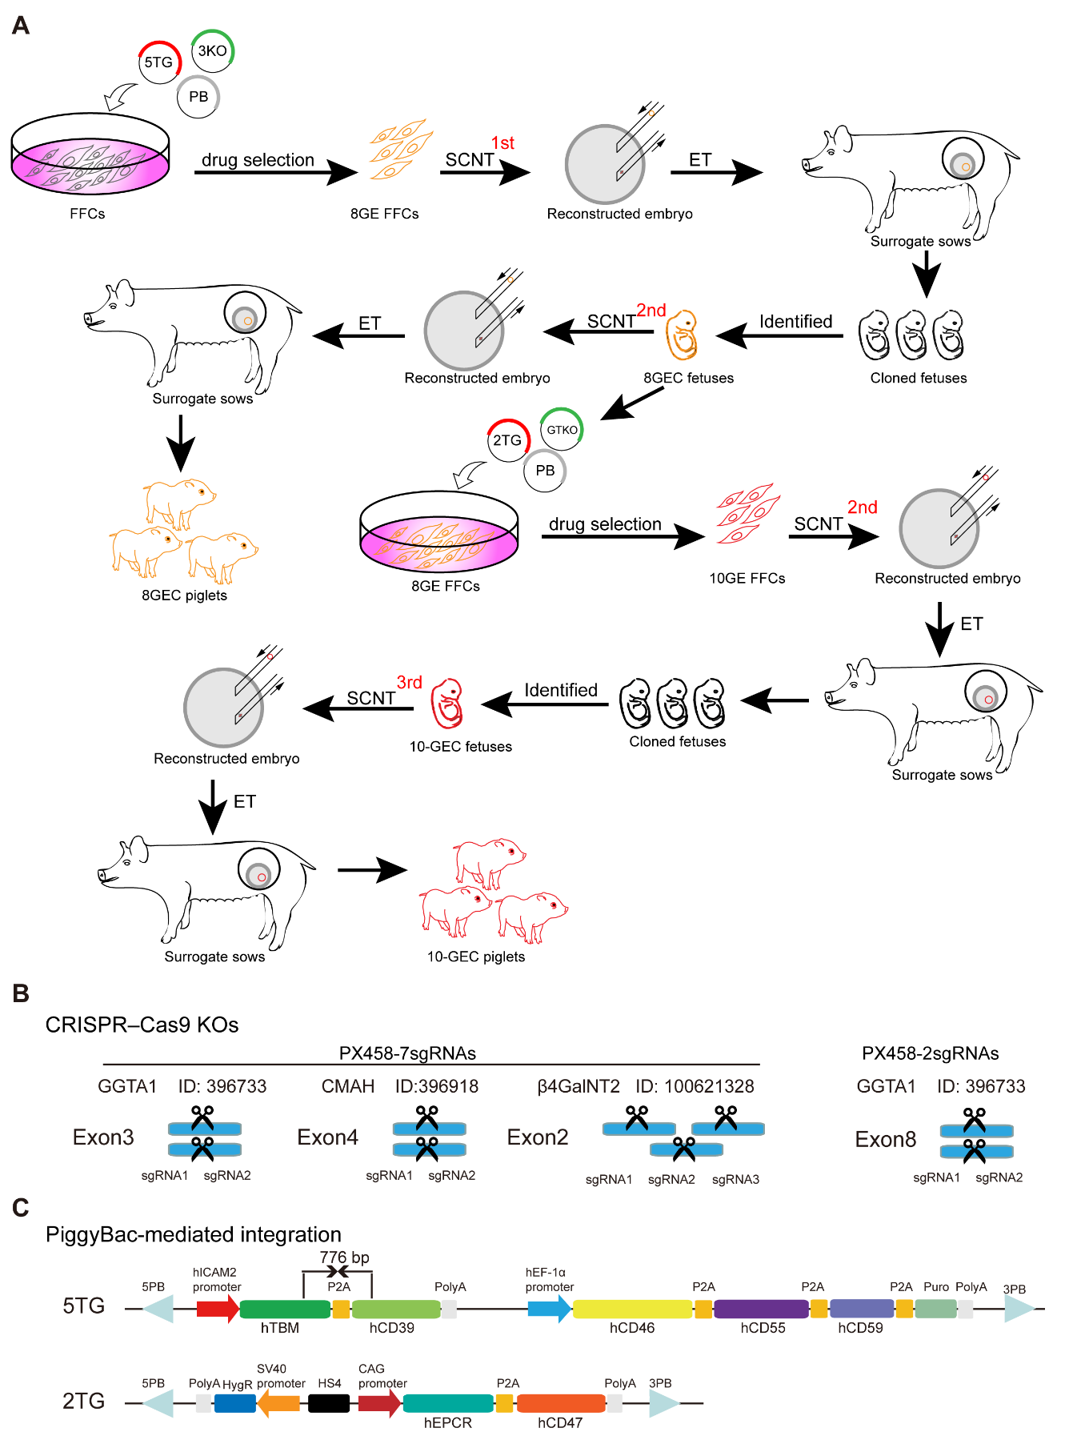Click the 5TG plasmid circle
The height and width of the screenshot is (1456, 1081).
[158, 62]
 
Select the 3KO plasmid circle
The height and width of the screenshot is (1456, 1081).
[212, 51]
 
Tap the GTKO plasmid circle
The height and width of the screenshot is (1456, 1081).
[562, 430]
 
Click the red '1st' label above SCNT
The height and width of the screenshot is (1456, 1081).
[502, 143]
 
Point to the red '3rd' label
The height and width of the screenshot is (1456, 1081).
[409, 682]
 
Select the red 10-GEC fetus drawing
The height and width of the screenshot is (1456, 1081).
[447, 703]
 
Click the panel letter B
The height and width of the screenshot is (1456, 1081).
[21, 993]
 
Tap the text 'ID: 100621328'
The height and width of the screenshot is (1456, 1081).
[695, 1086]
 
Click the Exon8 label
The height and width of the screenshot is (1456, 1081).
[885, 1139]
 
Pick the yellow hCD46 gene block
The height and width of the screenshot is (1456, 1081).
[632, 1309]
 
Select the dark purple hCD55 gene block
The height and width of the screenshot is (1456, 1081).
[761, 1309]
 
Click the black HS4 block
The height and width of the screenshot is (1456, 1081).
[329, 1403]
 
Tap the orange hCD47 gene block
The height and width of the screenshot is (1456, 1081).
[560, 1403]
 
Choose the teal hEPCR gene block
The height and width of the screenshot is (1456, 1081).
[448, 1403]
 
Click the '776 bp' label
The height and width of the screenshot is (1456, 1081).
[345, 1257]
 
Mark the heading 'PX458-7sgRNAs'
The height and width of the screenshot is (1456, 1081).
[407, 1053]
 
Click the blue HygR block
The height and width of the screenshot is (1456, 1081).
[235, 1403]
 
